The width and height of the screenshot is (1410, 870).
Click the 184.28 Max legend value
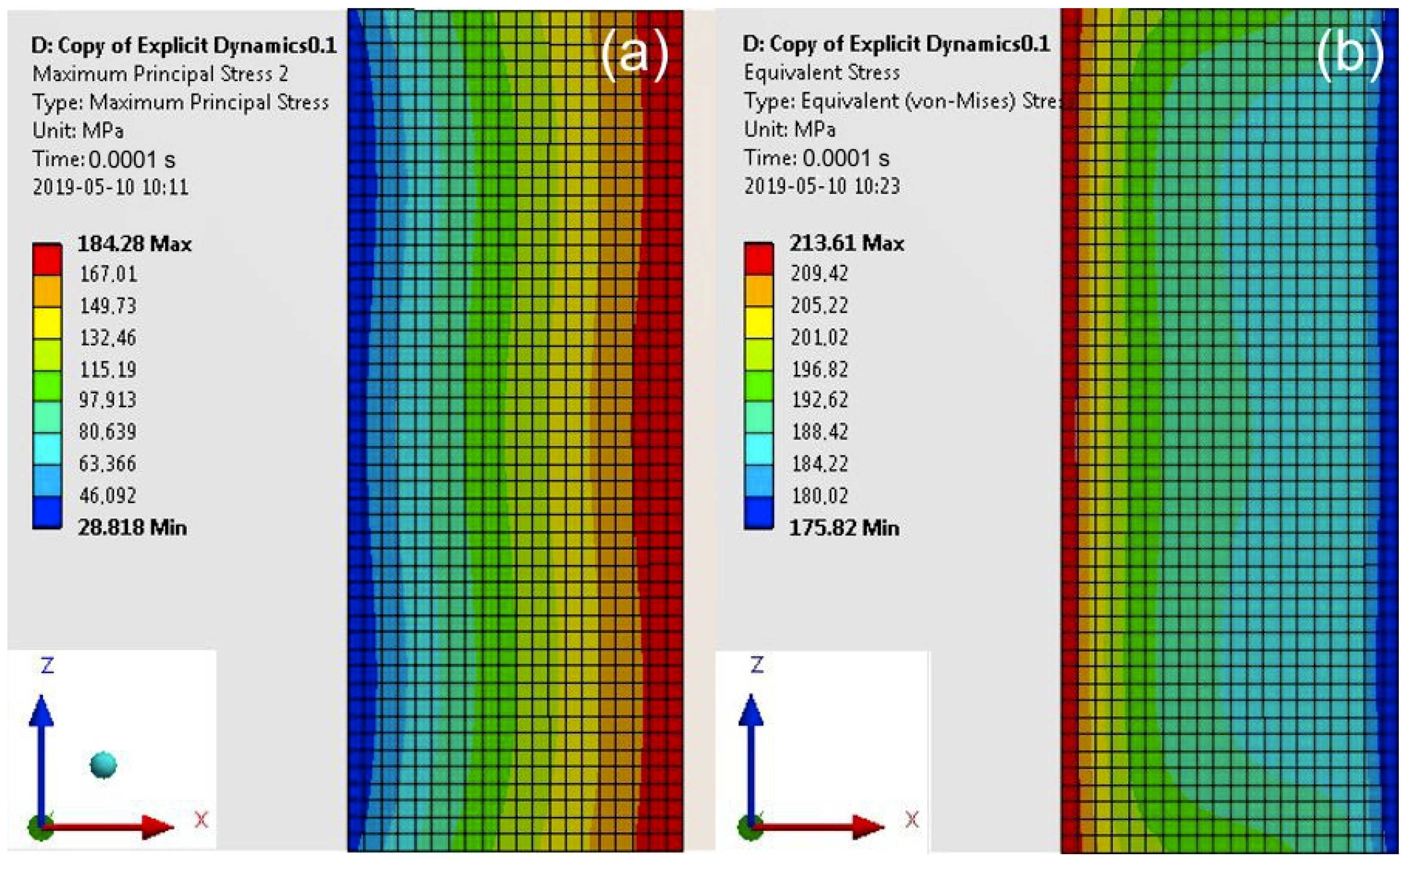[134, 244]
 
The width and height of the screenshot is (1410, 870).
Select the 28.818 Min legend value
[132, 527]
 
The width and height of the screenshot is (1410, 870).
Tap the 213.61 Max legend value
[846, 243]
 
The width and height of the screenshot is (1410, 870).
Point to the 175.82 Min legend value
[844, 527]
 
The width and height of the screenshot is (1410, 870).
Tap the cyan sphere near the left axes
[103, 765]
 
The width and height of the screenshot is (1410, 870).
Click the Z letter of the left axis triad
[47, 666]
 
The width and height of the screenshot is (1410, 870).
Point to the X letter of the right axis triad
[912, 819]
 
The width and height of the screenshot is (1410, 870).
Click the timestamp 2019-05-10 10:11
[110, 187]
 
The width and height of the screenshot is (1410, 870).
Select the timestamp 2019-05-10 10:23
[822, 185]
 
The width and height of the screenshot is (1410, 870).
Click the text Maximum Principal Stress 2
[160, 74]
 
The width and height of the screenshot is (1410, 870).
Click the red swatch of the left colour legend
[47, 260]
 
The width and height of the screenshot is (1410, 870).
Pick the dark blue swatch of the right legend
[759, 512]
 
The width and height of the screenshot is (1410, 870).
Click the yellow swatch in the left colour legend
[47, 323]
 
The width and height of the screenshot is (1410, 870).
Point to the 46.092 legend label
[108, 495]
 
